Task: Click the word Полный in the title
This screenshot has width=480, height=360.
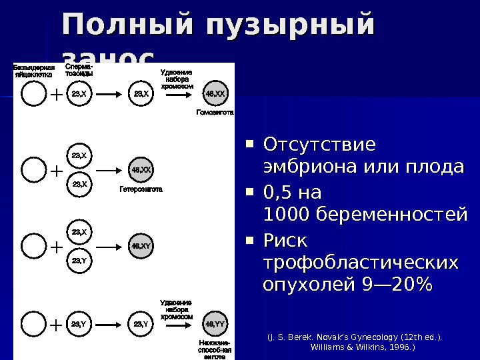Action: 127,25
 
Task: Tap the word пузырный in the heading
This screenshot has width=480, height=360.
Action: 291,25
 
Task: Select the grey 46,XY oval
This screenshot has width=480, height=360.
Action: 141,245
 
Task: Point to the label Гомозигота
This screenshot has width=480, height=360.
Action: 215,113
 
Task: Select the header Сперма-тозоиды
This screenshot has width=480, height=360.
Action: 79,70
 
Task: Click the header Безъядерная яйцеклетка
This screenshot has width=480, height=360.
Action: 34,71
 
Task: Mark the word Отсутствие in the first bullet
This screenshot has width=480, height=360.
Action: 320,145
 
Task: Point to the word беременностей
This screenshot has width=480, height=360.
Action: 391,215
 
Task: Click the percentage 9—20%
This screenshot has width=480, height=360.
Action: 397,285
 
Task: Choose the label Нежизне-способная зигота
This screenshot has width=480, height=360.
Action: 215,349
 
